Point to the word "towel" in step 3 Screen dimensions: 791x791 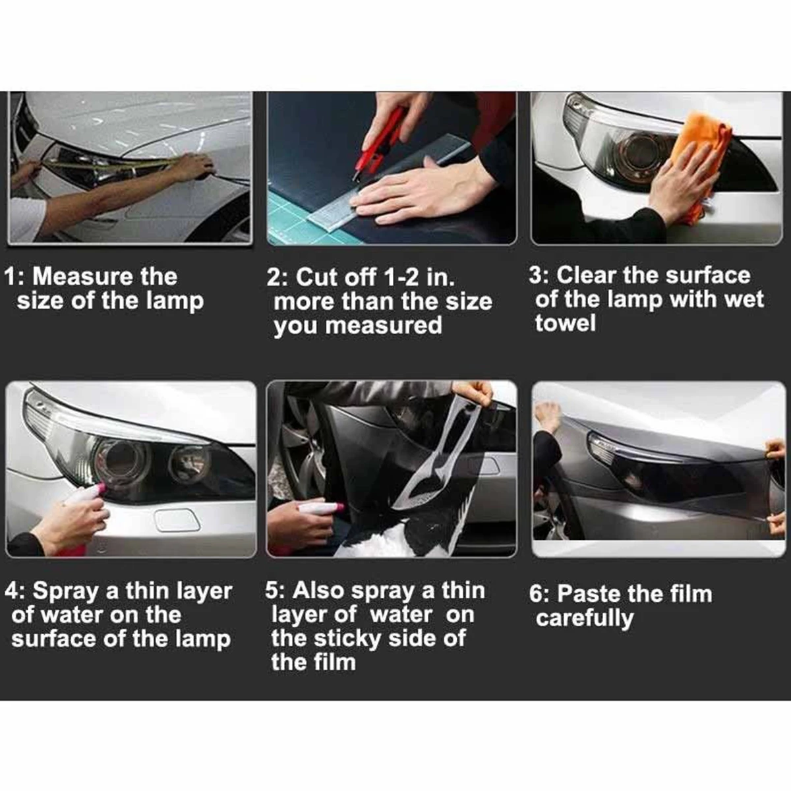tap(565, 323)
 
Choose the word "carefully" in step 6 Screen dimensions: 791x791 tap(585, 619)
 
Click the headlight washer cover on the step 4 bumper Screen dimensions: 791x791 tap(177, 520)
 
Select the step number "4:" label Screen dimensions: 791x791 tap(16, 592)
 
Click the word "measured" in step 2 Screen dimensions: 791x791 tap(384, 326)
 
